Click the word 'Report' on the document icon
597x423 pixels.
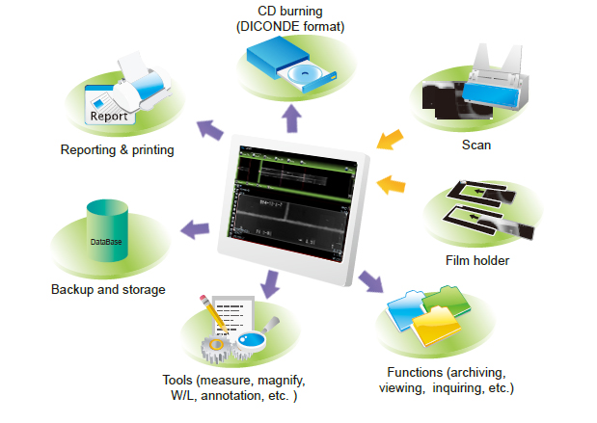[x=107, y=117]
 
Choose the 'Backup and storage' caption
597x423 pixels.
[x=108, y=289]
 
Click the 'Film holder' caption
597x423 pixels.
[x=476, y=260]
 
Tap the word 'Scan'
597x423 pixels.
[x=476, y=145]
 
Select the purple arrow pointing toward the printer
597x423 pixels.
[x=206, y=128]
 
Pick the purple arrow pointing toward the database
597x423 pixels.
[x=196, y=229]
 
